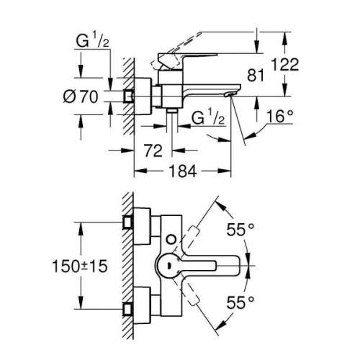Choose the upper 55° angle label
(243, 230)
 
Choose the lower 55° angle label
(243, 300)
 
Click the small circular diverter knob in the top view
(169, 238)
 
